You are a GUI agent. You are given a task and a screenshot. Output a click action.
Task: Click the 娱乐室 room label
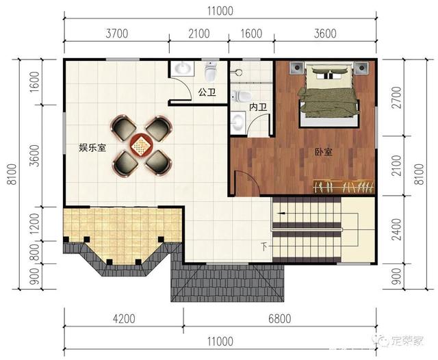pos(92,147)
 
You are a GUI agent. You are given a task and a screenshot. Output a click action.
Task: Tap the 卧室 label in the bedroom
pos(324,152)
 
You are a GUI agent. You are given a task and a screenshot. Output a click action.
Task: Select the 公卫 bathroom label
pos(207,92)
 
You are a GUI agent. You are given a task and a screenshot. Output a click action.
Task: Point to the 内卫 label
pos(258,107)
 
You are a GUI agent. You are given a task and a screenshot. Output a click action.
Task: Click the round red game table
pos(140,144)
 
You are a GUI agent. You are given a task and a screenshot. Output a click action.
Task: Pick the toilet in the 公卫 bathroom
pos(211,70)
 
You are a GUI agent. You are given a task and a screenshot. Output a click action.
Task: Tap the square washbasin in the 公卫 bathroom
pos(183,68)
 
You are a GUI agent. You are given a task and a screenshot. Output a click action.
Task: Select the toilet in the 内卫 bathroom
pos(241,96)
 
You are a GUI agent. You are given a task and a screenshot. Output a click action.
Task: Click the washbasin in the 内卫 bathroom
pos(237,122)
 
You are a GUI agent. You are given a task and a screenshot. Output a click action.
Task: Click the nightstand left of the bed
pos(296,68)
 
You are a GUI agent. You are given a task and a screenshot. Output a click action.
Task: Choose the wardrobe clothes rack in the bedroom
pos(344,187)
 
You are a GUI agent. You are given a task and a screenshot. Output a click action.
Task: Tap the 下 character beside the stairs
pos(264,246)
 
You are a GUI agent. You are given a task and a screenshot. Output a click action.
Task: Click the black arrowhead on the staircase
pos(281,214)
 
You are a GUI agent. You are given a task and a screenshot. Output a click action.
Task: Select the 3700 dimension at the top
pos(117,34)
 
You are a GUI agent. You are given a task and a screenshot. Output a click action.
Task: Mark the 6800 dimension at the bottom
pos(280,318)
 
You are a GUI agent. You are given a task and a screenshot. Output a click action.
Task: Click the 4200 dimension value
pos(124,318)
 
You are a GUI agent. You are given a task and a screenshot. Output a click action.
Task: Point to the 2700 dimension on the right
pos(396,97)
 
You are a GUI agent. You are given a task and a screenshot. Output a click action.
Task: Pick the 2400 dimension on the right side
pos(396,229)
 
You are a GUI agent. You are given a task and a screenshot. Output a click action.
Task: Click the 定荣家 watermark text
pos(408,341)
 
